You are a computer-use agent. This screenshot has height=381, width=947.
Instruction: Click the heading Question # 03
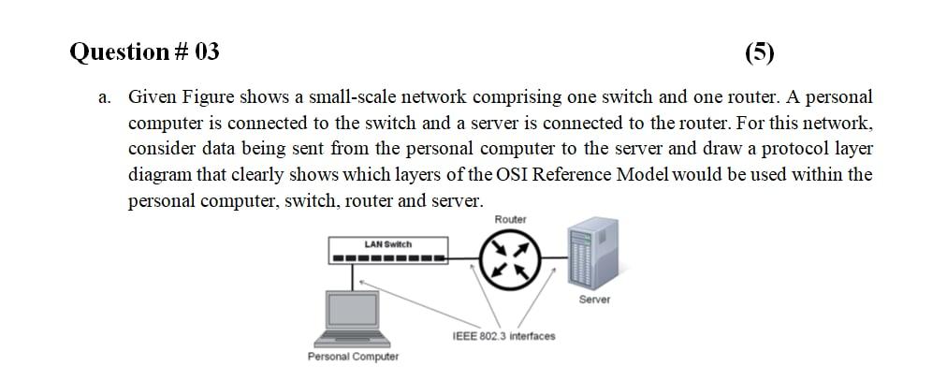[x=145, y=51]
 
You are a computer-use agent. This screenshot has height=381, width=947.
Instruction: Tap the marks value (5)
[x=760, y=51]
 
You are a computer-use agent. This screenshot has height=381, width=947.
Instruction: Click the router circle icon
[x=509, y=258]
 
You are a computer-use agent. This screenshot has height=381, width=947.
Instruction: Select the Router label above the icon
[x=510, y=219]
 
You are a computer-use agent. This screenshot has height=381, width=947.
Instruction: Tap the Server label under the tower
[x=594, y=300]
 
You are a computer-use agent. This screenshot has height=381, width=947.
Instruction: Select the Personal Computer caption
[x=353, y=357]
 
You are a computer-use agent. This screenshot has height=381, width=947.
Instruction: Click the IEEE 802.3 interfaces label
[x=503, y=336]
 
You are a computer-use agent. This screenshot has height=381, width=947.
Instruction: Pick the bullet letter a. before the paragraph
[x=108, y=97]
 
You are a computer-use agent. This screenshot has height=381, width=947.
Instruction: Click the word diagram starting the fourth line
[x=160, y=175]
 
